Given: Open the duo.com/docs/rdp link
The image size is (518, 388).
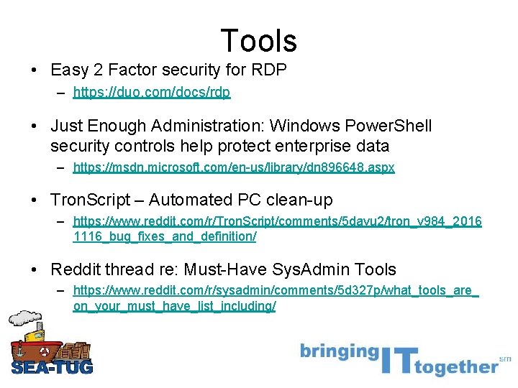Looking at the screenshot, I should [x=152, y=93].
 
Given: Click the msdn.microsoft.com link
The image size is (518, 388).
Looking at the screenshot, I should [x=234, y=167].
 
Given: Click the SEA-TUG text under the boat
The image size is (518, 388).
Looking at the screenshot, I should [x=52, y=367].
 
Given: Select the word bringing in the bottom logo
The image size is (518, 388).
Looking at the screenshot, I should [x=338, y=353].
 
